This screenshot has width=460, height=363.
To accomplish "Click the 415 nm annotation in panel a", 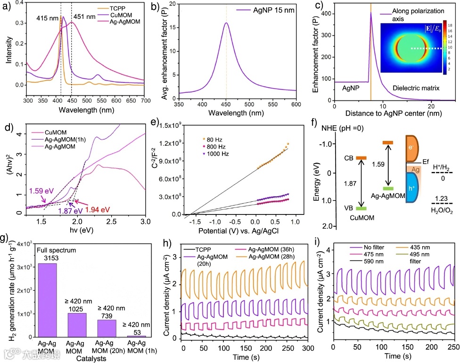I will tap(47, 21).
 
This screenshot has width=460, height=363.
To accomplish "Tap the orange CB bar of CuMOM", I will tap(361, 157).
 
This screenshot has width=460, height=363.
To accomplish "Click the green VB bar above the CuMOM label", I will tap(361, 208).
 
